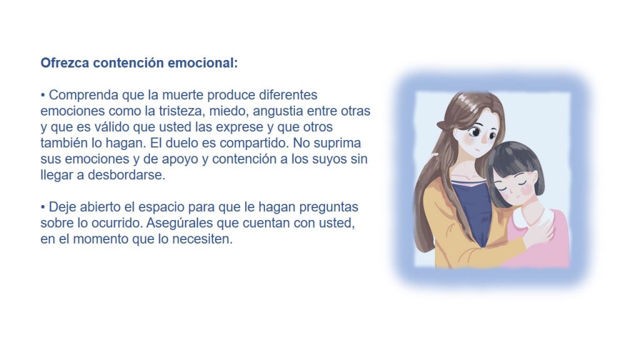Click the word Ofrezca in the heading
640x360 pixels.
65,63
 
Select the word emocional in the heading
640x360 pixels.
202,63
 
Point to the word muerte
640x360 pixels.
183,95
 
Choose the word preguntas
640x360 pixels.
329,207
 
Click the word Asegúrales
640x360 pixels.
179,223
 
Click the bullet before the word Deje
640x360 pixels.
43,207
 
